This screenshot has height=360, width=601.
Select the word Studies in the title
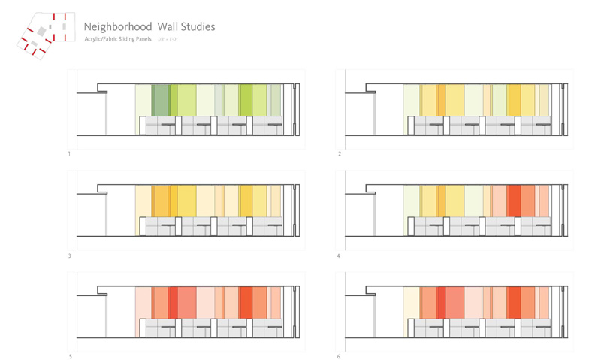[197, 26]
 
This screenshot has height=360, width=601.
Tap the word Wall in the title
[165, 26]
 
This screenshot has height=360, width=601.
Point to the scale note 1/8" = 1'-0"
[168, 38]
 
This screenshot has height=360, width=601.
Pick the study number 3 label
[69, 256]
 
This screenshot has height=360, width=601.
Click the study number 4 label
[340, 256]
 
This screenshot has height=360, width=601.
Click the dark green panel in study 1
[159, 100]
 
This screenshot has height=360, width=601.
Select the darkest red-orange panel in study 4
[514, 201]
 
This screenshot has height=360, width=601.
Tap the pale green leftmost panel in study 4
[411, 201]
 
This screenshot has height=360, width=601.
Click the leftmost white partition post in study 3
[146, 227]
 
